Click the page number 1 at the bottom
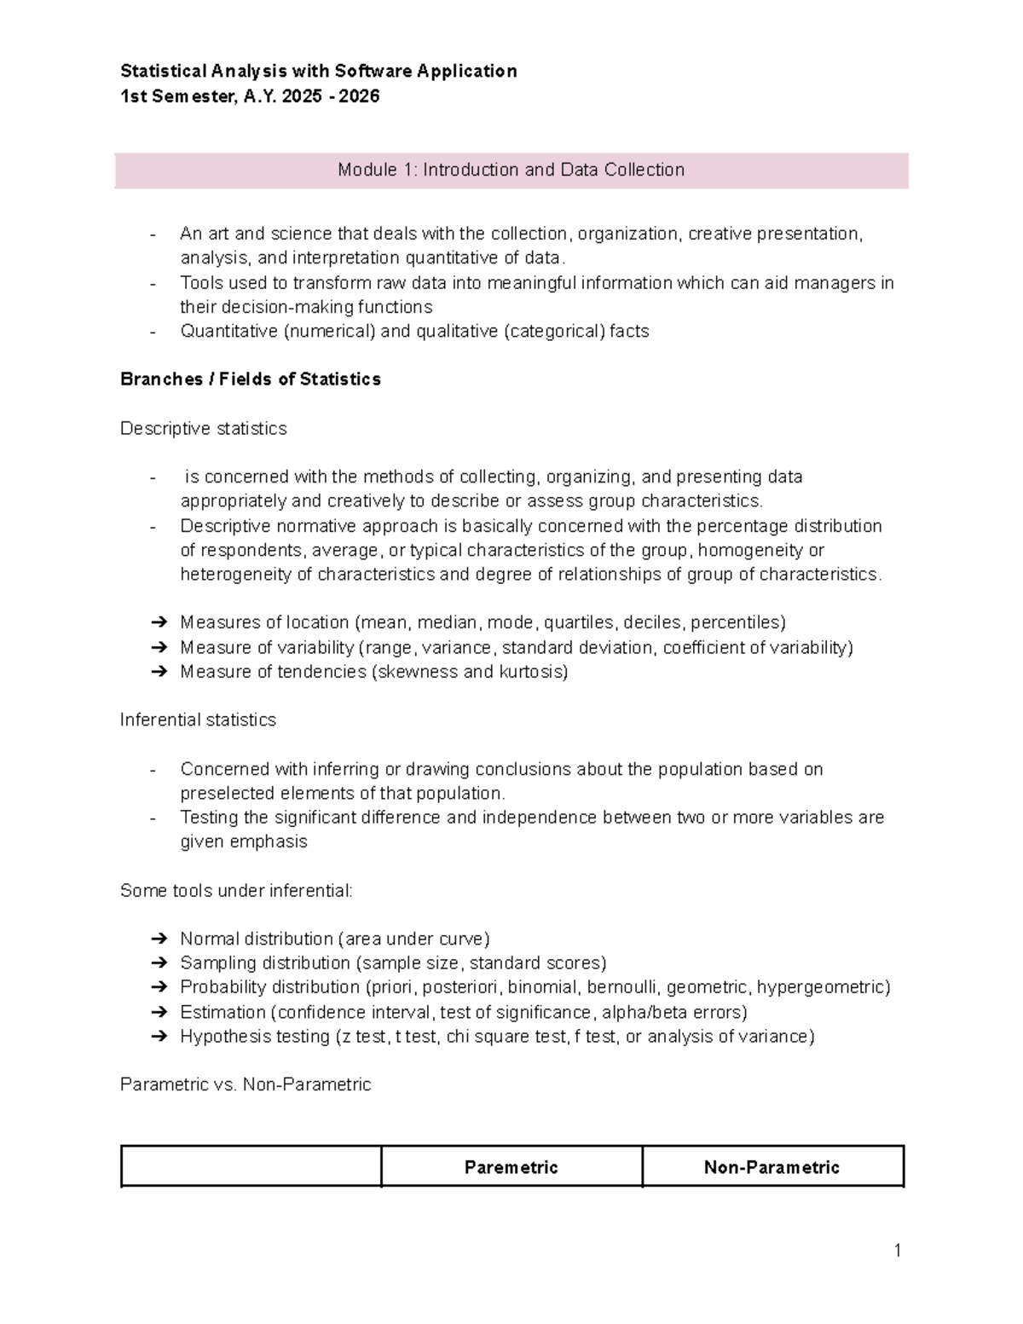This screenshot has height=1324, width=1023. click(898, 1251)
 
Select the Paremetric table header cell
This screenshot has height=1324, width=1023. click(511, 1167)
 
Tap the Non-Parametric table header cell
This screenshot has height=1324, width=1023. click(772, 1167)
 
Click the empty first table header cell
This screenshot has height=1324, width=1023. click(251, 1167)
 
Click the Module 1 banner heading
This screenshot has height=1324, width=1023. click(511, 170)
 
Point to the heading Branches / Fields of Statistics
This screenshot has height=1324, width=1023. click(251, 379)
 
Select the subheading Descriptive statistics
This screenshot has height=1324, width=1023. click(203, 428)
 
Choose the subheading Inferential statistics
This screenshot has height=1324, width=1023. click(198, 720)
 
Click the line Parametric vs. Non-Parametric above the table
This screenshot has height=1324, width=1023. click(246, 1084)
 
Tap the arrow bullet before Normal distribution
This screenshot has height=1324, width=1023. click(159, 939)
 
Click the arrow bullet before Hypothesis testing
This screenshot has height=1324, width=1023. click(159, 1037)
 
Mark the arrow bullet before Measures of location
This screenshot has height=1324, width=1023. click(159, 622)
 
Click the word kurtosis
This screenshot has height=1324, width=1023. click(533, 672)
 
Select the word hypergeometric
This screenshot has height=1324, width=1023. click(823, 987)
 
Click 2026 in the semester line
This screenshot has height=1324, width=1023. click(359, 96)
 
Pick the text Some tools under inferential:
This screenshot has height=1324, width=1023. click(236, 891)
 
